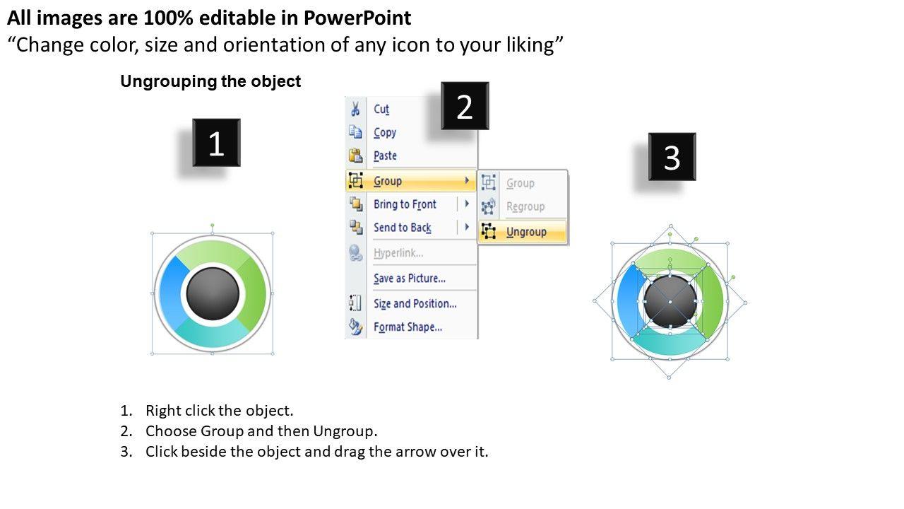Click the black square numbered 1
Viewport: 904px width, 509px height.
216,143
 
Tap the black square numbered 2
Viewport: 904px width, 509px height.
465,106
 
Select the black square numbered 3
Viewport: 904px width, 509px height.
672,157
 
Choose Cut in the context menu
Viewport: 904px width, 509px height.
381,109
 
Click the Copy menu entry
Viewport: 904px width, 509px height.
385,132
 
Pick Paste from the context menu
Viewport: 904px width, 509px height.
385,156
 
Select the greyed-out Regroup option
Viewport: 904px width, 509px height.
525,206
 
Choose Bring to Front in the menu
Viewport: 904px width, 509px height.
405,204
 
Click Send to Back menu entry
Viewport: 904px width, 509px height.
403,228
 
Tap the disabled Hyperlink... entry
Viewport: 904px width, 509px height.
398,253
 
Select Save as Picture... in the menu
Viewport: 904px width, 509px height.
410,279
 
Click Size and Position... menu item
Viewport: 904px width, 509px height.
415,303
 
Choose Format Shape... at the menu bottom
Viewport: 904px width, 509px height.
408,327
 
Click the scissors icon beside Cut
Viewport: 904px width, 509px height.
355,109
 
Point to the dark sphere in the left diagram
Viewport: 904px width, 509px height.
213,293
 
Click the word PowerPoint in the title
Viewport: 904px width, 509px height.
357,18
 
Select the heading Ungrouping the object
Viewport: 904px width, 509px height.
210,81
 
